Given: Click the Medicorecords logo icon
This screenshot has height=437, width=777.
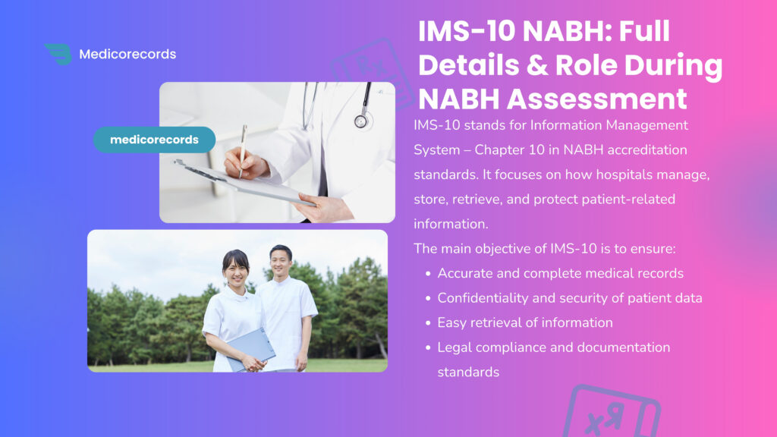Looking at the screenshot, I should pos(58,54).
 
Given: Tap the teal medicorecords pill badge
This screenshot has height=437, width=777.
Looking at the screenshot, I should pos(154,140).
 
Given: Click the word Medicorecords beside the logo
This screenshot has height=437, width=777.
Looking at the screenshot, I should pos(127,54).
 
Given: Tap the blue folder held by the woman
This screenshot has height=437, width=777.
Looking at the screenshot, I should pos(251,348).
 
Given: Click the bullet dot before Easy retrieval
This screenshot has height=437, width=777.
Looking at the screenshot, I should pos(429,323).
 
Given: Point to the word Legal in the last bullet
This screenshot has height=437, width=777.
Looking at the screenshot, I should pos(454,347).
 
